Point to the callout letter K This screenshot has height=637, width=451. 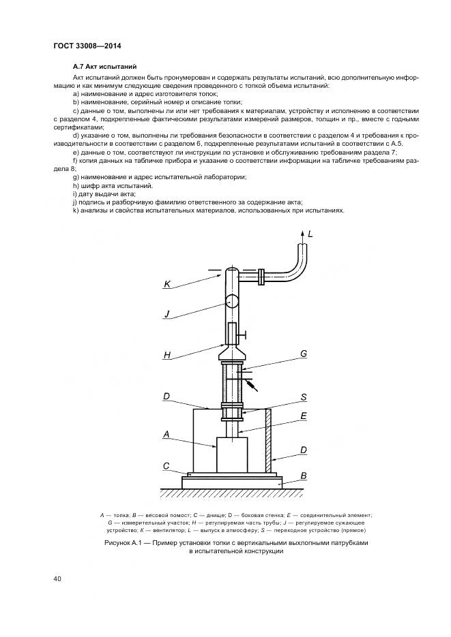pos(167,284)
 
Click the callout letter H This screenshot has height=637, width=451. pos(166,355)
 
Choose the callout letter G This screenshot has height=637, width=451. pos(302,354)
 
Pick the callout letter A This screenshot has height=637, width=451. pos(166,433)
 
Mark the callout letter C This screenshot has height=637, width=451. pos(166,466)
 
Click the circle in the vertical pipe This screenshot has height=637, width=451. pos(231,301)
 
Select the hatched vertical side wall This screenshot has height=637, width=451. pos(269,441)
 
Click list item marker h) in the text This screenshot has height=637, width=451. pos(75,185)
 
